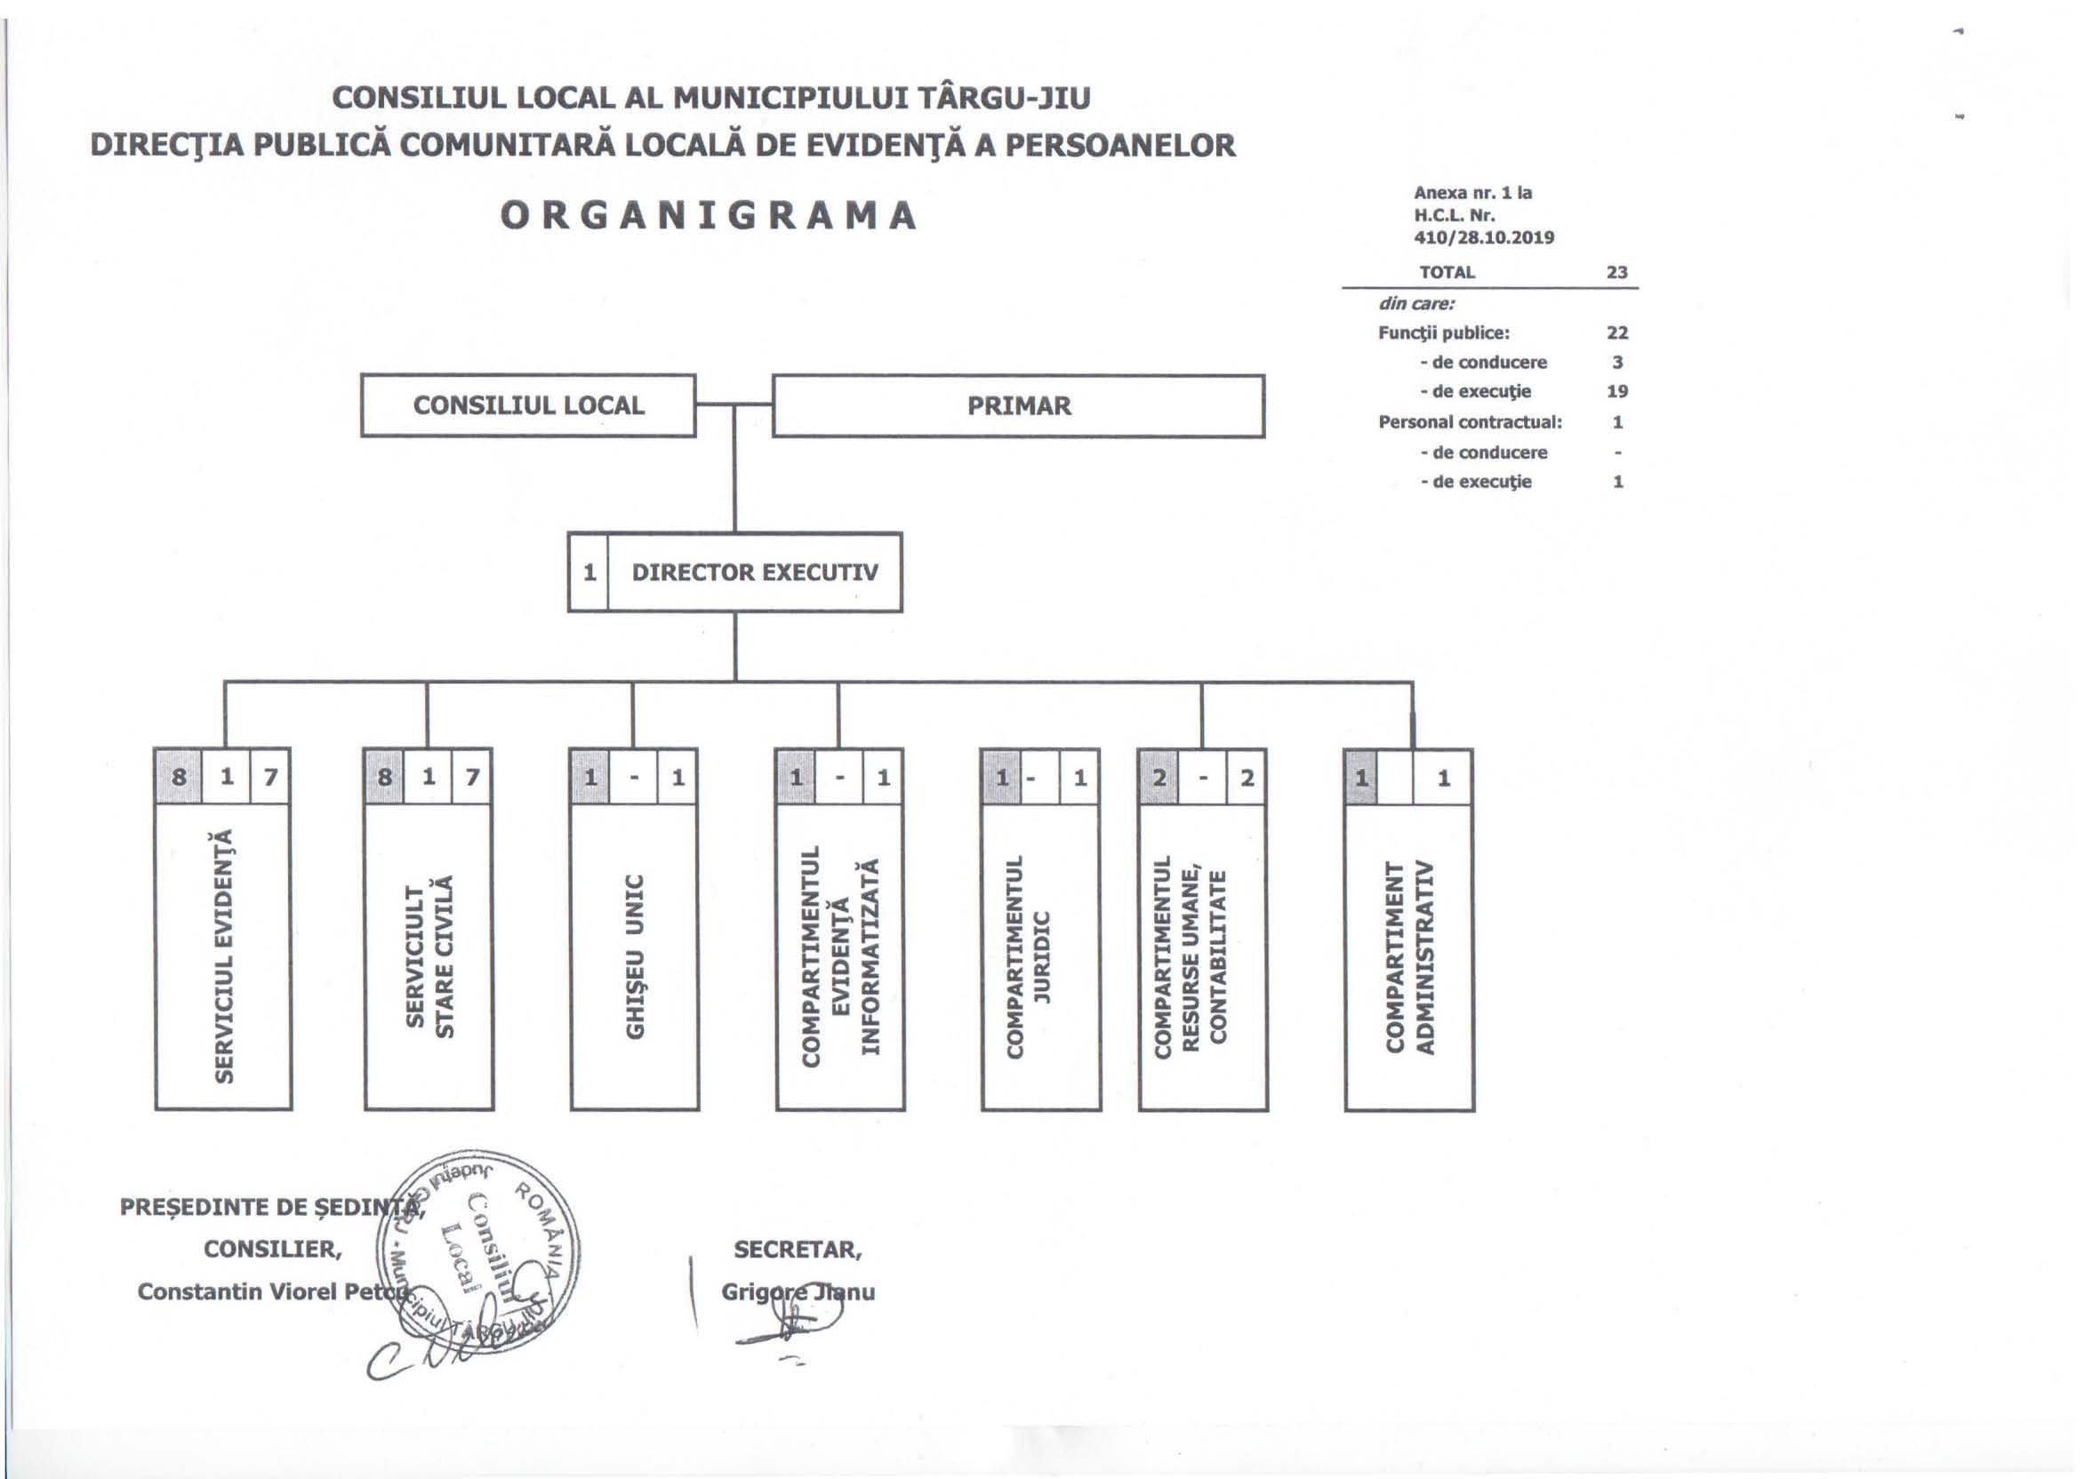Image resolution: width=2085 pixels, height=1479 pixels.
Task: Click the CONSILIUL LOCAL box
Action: (x=528, y=405)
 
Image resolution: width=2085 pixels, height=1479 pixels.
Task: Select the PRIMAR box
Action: (x=1018, y=405)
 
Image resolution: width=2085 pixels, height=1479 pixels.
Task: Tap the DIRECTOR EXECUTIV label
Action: (x=754, y=572)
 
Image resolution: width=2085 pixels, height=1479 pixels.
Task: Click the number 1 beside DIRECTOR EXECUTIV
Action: (x=589, y=572)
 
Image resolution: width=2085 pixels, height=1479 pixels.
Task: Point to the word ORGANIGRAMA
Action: (x=709, y=215)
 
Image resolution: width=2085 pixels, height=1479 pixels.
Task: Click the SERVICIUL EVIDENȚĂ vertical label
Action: (x=224, y=955)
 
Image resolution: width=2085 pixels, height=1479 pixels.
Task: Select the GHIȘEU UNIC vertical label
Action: (x=635, y=955)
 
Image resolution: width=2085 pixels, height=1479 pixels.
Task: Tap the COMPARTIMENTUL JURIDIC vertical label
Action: (x=1029, y=955)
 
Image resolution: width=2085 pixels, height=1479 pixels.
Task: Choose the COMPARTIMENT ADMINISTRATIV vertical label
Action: (x=1409, y=955)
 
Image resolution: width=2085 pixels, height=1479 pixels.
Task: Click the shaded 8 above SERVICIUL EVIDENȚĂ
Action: (x=179, y=777)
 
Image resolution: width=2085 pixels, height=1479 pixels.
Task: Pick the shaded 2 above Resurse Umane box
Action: (x=1159, y=777)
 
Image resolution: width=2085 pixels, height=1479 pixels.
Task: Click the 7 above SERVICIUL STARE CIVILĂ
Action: (x=472, y=777)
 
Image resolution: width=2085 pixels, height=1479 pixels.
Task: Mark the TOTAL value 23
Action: (x=1616, y=272)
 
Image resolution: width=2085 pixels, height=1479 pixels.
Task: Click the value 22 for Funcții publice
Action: (x=1616, y=332)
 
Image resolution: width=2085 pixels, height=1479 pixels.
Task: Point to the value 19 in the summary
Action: (x=1616, y=392)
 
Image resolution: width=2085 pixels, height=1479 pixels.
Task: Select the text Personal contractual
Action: (x=1469, y=421)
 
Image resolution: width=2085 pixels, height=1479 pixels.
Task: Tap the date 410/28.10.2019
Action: (x=1484, y=237)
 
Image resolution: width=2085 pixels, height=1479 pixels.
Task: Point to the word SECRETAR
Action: (x=798, y=1250)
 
